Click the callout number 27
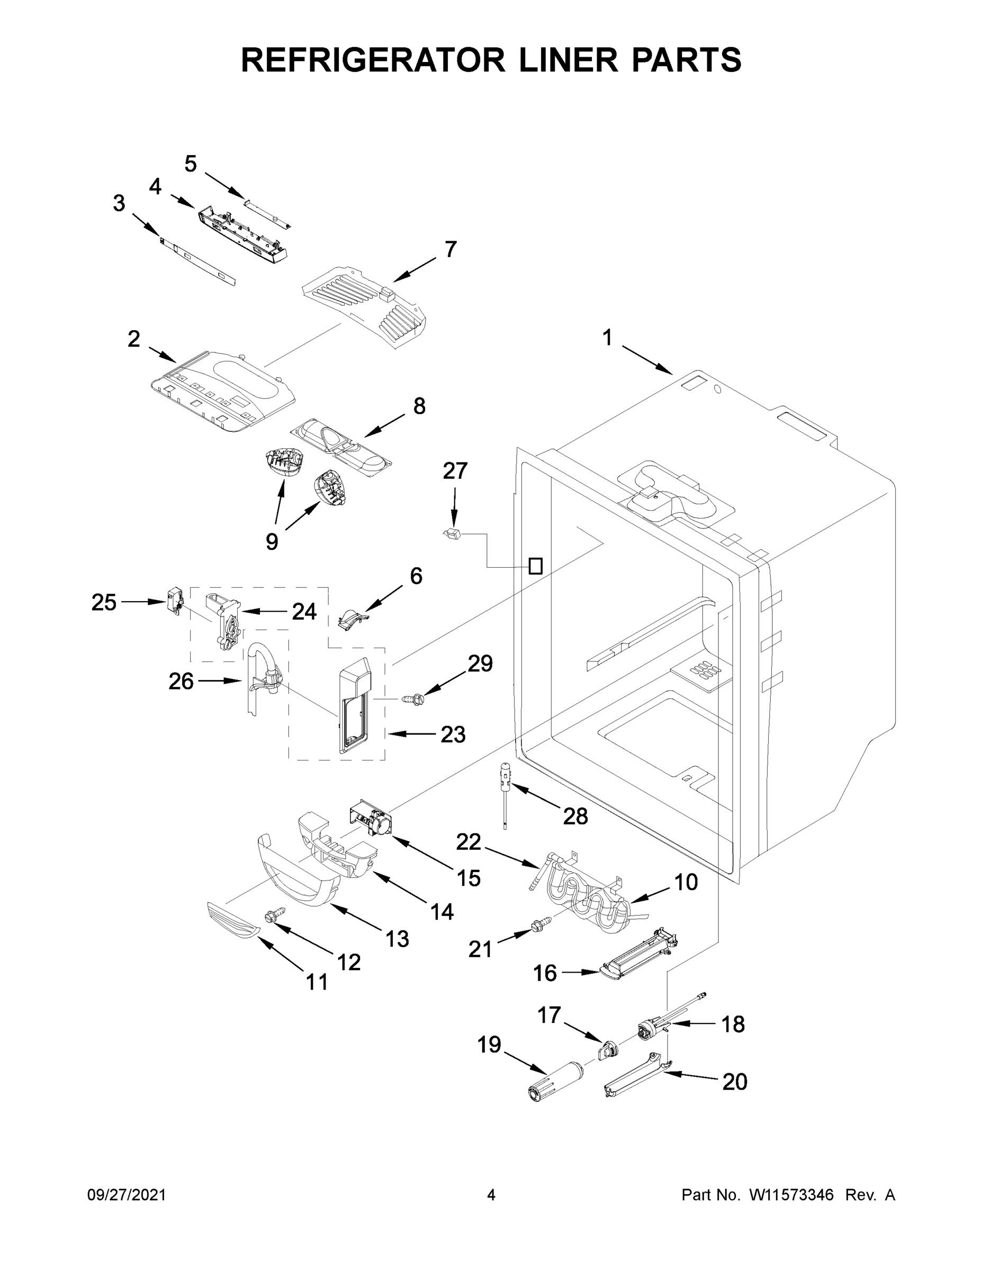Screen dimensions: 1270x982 click(x=455, y=471)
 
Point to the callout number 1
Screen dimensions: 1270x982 click(x=607, y=338)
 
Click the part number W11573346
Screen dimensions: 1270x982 click(x=791, y=1195)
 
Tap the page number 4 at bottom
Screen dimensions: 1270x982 click(x=491, y=1195)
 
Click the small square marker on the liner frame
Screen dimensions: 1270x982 click(x=535, y=566)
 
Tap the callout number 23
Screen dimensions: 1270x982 click(x=453, y=734)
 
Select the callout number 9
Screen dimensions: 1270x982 click(x=272, y=541)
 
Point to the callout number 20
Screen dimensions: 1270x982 click(x=734, y=1082)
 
